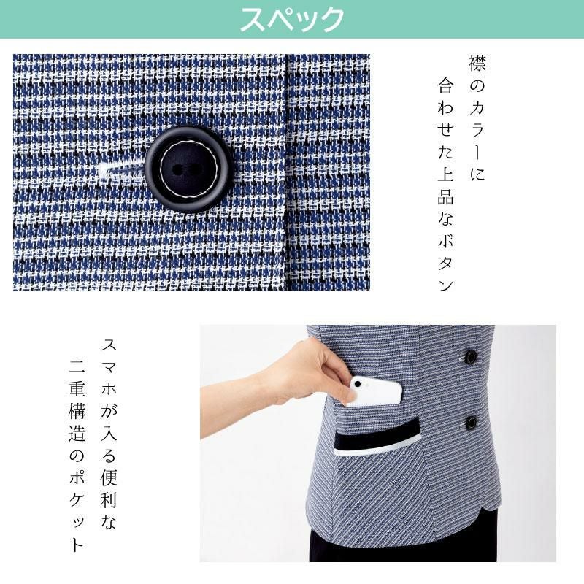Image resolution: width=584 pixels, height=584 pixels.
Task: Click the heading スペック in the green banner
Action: (292, 19)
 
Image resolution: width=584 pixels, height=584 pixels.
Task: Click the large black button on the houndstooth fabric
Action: (188, 169)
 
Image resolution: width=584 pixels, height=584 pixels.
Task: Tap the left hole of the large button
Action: (178, 170)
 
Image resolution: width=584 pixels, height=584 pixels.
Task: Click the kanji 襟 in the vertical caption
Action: (477, 64)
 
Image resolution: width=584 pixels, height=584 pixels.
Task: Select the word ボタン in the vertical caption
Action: (446, 263)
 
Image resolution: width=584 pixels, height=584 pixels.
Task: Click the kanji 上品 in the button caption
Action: (446, 187)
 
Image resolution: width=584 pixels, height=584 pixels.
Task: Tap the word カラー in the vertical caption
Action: (477, 131)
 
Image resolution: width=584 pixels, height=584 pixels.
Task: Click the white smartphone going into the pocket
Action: (376, 391)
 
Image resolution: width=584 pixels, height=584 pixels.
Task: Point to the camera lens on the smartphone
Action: (357, 384)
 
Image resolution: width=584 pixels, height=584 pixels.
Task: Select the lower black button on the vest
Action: (472, 423)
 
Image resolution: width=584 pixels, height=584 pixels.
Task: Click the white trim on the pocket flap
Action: (377, 449)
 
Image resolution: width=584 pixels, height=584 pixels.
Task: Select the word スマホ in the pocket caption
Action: (109, 367)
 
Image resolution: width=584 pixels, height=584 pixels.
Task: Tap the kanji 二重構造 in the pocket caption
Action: (77, 401)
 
